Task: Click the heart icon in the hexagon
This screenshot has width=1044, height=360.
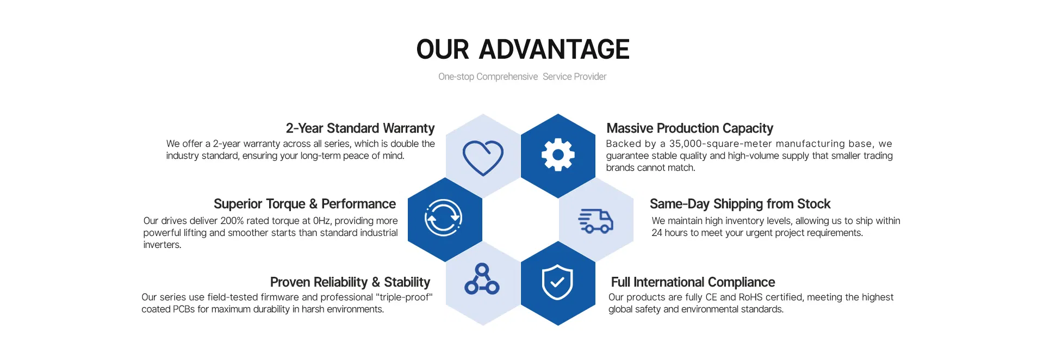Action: [x=483, y=157]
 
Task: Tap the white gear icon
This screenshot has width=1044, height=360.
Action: [x=558, y=155]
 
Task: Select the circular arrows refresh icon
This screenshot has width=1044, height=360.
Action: [x=443, y=218]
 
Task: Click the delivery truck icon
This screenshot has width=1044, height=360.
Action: [x=595, y=221]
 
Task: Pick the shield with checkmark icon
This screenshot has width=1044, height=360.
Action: [x=557, y=282]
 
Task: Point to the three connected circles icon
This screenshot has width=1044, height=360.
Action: [x=482, y=280]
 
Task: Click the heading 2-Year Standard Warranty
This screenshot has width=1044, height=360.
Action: [x=360, y=128]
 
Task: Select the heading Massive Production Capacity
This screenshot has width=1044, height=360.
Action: [x=689, y=128]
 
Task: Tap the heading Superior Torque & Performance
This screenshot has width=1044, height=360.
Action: [x=304, y=204]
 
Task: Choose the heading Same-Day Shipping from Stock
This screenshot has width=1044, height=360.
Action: [x=740, y=204]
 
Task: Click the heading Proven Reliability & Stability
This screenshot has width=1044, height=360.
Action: [x=350, y=282]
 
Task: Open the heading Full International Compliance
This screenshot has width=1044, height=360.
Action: [x=693, y=282]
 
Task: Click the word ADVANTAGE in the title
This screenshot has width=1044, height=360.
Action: [x=554, y=49]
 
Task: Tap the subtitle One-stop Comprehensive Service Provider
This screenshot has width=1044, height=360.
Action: [x=522, y=77]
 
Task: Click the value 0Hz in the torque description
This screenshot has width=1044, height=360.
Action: [x=322, y=221]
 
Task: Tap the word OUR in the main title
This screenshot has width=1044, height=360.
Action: [x=442, y=49]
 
